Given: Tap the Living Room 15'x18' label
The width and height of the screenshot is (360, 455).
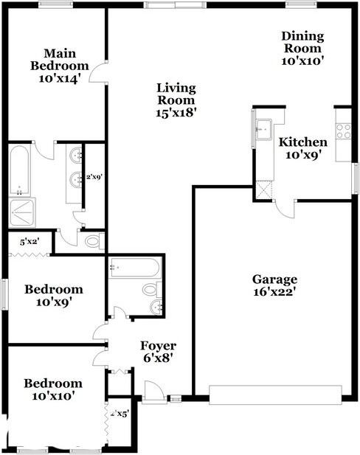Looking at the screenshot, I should pyautogui.click(x=176, y=100).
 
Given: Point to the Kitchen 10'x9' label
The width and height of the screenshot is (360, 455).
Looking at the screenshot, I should pyautogui.click(x=302, y=148).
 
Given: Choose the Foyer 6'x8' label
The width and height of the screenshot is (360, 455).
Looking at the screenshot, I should pyautogui.click(x=159, y=352).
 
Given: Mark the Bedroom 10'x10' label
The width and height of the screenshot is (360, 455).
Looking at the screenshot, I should pyautogui.click(x=52, y=390).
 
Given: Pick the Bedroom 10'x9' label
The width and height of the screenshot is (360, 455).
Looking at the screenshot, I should pyautogui.click(x=52, y=295).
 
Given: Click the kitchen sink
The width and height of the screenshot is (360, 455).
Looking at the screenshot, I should pyautogui.click(x=263, y=130).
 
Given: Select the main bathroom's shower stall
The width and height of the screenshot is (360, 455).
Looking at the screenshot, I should pyautogui.click(x=21, y=213).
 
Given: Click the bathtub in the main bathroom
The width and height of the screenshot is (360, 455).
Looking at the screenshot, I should pyautogui.click(x=19, y=170).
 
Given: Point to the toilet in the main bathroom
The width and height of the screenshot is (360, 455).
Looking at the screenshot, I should pyautogui.click(x=93, y=240).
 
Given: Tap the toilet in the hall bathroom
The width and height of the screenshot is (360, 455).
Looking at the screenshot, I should pyautogui.click(x=150, y=289).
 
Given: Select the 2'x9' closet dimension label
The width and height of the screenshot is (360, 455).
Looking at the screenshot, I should pyautogui.click(x=94, y=177).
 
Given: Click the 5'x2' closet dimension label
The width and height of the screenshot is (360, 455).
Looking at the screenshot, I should pyautogui.click(x=29, y=240).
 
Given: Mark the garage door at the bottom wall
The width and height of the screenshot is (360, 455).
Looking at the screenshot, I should pyautogui.click(x=277, y=395).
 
